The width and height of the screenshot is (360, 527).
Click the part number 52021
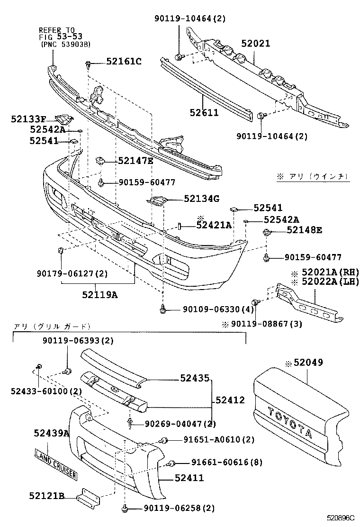255,44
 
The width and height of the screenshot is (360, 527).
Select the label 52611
204,113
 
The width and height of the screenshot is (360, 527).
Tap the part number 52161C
124,61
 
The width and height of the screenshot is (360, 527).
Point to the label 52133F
28,119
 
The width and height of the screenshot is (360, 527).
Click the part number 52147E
135,161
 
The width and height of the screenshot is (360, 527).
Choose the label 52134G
201,199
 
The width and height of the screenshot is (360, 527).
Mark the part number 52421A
214,225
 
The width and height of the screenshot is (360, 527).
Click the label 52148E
304,230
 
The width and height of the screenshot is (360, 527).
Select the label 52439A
51,433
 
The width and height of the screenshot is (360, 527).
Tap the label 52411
189,478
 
